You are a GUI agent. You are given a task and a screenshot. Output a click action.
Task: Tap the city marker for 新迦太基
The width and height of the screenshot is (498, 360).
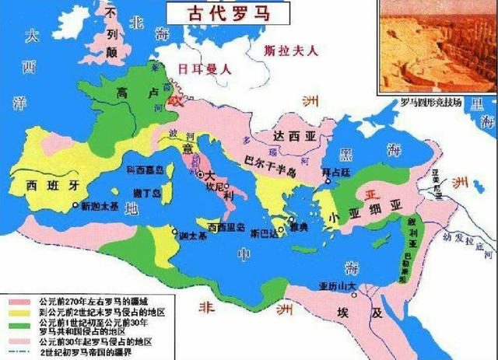pos(75,205)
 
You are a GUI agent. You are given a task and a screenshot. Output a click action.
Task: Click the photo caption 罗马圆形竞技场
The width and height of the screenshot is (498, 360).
pos(431,102)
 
